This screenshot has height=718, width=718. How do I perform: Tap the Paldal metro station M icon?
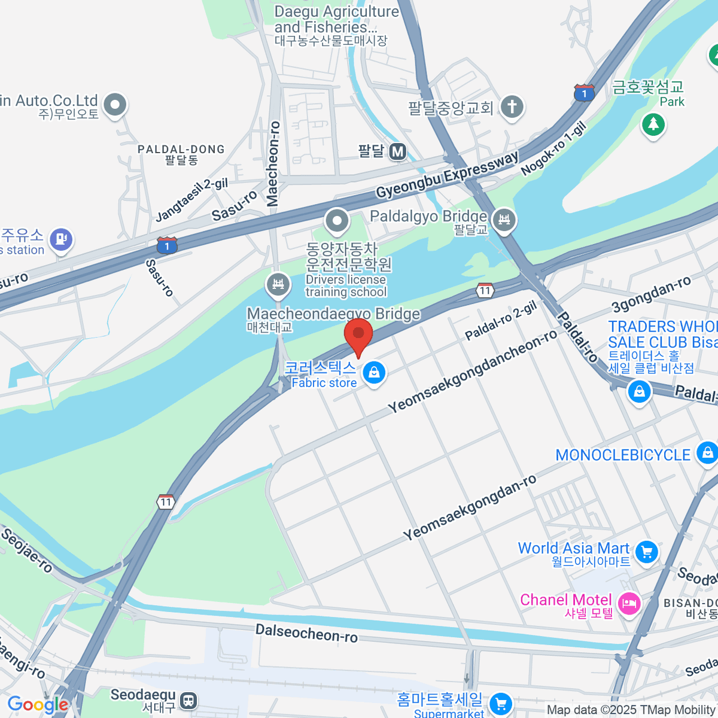tap(398, 152)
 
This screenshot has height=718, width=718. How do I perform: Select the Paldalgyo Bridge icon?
tap(504, 220)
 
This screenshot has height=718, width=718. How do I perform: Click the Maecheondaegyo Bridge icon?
tap(278, 284)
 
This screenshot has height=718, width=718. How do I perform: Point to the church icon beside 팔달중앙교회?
tap(512, 107)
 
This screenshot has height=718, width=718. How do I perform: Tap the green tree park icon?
tap(653, 124)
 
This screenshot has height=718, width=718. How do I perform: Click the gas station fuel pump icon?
tap(60, 239)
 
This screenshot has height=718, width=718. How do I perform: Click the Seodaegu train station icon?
tap(188, 700)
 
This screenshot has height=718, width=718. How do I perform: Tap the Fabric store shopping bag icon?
tap(374, 372)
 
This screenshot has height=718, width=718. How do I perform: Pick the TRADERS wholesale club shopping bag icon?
tap(639, 392)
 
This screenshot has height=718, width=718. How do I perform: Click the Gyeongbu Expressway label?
tap(447, 175)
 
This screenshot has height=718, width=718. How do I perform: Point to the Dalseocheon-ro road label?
tap(306, 632)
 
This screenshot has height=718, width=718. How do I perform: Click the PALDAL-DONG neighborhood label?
tap(181, 149)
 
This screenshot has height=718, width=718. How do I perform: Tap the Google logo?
tap(38, 705)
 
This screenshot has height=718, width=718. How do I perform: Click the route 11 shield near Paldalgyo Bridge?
tap(485, 291)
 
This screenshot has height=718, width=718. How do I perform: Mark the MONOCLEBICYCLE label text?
tap(623, 455)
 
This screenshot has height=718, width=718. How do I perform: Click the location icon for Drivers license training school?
tap(337, 220)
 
